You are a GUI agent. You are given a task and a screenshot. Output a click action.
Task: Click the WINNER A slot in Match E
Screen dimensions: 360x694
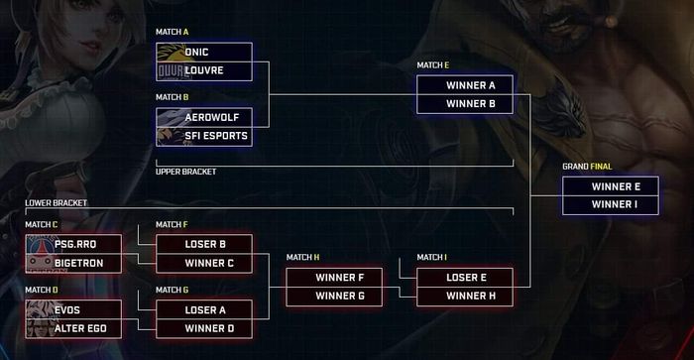[464, 85]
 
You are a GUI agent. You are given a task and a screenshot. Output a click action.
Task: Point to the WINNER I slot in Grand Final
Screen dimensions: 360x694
[610, 204]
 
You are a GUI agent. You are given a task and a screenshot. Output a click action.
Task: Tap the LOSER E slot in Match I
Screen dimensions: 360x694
[464, 278]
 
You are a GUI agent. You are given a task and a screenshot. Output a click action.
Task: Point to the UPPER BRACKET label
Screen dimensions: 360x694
[185, 172]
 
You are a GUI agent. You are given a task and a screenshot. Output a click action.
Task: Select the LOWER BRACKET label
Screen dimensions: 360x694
[57, 202]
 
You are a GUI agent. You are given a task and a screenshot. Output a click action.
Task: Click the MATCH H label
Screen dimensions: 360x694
[302, 257]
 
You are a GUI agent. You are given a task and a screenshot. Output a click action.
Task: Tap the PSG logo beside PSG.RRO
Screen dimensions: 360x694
[38, 244]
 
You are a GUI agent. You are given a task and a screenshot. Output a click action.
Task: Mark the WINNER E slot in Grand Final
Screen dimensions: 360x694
[610, 185]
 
